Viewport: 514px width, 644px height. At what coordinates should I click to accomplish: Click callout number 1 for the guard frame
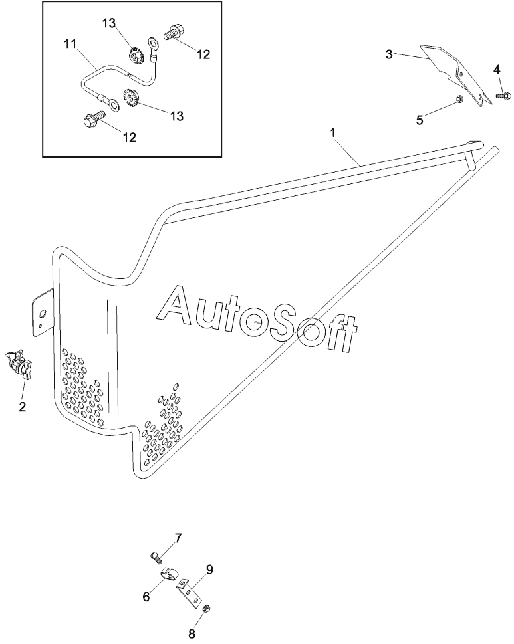(x=333, y=133)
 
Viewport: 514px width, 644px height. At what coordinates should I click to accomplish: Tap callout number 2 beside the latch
(x=22, y=407)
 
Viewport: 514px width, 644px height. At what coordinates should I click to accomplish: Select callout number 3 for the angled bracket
(x=389, y=54)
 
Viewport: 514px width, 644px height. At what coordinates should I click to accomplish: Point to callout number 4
(x=497, y=70)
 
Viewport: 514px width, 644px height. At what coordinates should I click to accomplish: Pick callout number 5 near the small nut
(x=420, y=120)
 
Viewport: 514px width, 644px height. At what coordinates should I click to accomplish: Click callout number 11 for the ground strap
(x=70, y=44)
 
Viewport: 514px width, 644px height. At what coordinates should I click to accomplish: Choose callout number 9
(x=209, y=570)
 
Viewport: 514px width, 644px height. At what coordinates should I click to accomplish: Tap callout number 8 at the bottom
(x=192, y=634)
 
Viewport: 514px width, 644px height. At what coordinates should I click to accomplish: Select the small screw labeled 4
(x=503, y=96)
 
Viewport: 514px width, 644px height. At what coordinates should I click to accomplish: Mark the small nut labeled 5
(x=460, y=98)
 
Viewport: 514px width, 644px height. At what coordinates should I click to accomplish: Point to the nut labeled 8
(x=207, y=609)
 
